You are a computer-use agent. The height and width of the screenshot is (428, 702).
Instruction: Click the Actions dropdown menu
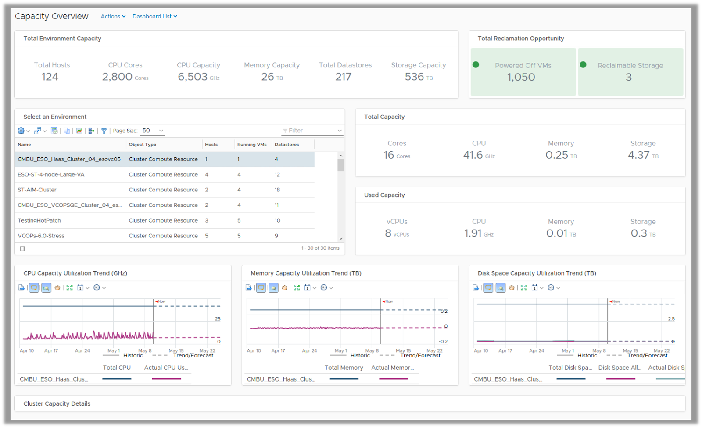coord(113,16)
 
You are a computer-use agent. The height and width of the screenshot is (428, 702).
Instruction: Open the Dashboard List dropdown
coord(154,16)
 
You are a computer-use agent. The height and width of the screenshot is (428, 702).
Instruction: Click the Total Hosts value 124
coord(50,77)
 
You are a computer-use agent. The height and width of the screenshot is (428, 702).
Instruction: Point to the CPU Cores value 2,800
coord(117,77)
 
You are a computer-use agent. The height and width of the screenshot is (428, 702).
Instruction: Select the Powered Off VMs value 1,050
coord(521,77)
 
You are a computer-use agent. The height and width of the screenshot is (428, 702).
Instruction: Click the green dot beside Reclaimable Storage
coord(583,65)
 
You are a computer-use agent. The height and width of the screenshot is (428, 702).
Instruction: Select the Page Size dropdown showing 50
coord(153,131)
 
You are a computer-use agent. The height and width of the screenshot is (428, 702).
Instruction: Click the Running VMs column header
coord(252,145)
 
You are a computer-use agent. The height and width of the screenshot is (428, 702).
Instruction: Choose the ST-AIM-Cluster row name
coord(37,190)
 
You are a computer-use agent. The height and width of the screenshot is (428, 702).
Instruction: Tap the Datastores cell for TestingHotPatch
coord(277,220)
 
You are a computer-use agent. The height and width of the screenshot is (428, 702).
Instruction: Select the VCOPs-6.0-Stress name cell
coord(41,236)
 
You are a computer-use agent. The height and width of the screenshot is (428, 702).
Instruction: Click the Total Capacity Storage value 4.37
coord(638,155)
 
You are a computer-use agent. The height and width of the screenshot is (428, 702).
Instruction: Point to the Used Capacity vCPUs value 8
coord(388,233)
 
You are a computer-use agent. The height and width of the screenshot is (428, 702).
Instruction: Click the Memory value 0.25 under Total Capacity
coord(557,155)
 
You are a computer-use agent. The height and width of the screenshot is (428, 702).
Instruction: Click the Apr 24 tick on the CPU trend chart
coord(82,350)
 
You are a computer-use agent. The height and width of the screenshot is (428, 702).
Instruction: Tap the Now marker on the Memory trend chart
coord(388,301)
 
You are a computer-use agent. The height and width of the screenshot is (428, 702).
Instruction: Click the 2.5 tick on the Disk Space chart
coord(671,319)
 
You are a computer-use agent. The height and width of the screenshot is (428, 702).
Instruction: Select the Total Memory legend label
coord(344,368)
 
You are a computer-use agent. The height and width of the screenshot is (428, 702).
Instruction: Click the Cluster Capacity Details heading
coord(57,403)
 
